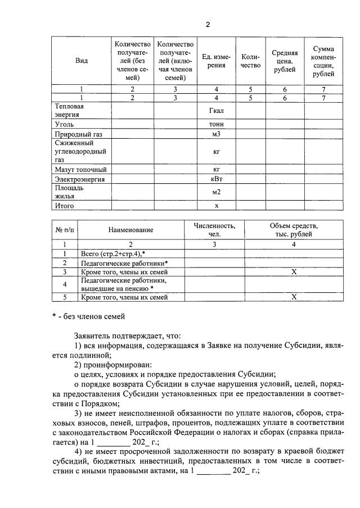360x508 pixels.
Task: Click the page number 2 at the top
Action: [x=207, y=25]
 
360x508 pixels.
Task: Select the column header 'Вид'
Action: [x=81, y=61]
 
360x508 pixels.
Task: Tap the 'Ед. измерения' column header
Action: [x=216, y=61]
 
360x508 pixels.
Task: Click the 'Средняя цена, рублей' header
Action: [x=285, y=61]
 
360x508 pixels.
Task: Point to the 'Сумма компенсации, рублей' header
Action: [x=323, y=61]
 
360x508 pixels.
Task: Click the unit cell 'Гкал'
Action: [x=216, y=111]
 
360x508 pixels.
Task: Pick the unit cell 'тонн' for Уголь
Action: [x=216, y=124]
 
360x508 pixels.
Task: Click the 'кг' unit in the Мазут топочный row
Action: [x=216, y=169]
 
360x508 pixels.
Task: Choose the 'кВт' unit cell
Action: [x=216, y=179]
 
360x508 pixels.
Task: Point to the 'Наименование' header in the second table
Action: [x=131, y=229]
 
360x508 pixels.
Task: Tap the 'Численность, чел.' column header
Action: [x=215, y=229]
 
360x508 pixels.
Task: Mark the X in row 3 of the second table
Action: [x=293, y=271]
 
